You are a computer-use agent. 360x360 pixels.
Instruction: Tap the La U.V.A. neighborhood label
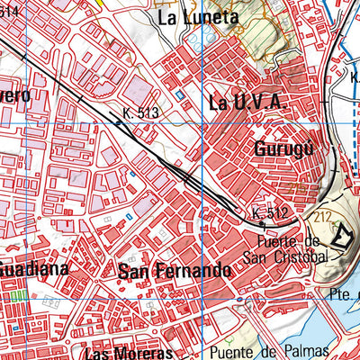point(247,103)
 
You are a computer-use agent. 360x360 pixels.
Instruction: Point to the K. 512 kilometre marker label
point(269,213)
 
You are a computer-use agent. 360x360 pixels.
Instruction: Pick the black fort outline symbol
point(342,237)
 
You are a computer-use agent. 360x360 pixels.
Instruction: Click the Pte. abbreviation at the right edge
point(346,293)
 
